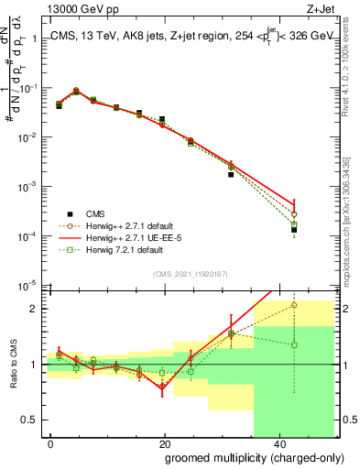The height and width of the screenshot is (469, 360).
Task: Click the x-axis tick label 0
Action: (x=51, y=442)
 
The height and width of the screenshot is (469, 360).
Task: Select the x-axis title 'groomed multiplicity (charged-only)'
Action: (x=243, y=457)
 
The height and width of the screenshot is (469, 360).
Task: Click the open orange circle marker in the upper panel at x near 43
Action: (x=294, y=214)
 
